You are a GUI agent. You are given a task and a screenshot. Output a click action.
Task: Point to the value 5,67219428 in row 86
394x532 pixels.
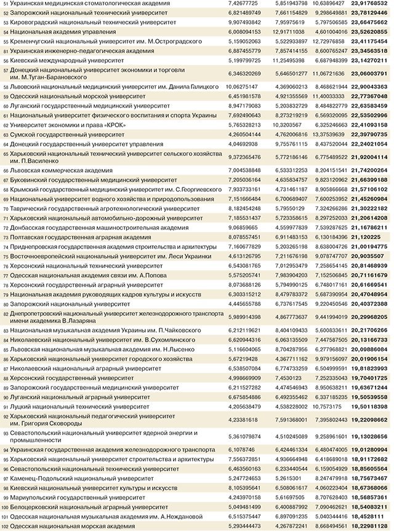point(241,358)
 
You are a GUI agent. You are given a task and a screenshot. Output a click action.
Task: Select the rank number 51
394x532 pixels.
point(6,4)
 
